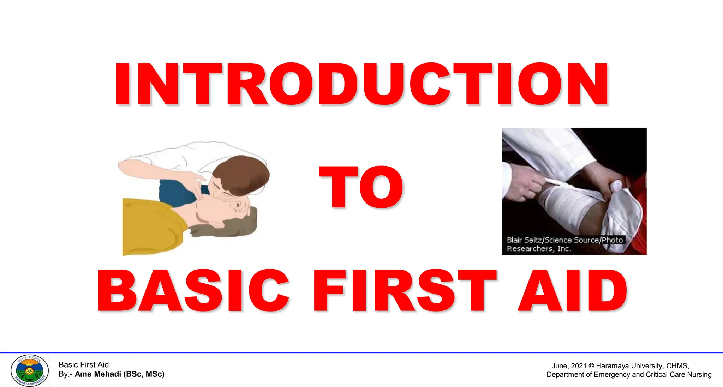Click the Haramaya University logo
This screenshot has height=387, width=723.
tap(30, 370)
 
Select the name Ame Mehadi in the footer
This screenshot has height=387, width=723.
tap(98, 374)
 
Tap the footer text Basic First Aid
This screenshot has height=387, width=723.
tap(84, 365)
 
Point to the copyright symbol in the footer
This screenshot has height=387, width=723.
tap(591, 366)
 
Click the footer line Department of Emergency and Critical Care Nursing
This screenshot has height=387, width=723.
tap(629, 375)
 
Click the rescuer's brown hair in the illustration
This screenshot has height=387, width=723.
tap(244, 173)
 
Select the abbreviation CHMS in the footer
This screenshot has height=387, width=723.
tap(677, 366)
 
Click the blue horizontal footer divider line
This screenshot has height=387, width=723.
tap(361, 352)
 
